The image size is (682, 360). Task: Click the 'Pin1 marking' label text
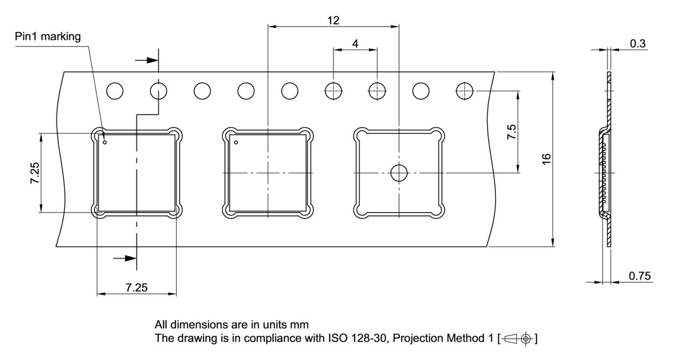(x=48, y=37)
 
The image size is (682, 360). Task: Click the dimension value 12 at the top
(x=334, y=20)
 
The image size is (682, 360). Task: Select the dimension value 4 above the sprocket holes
(x=355, y=43)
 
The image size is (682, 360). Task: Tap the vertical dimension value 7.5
(x=511, y=131)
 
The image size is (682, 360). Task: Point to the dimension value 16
(x=546, y=159)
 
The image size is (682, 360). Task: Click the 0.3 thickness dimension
(x=638, y=44)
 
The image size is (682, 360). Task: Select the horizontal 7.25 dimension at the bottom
(x=136, y=288)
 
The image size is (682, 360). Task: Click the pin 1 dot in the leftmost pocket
(x=105, y=142)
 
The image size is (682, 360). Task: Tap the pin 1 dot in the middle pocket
(x=236, y=142)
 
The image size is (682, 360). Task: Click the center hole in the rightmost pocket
(x=399, y=173)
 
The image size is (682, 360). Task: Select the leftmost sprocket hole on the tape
(x=115, y=91)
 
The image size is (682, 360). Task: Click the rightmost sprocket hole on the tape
(x=465, y=91)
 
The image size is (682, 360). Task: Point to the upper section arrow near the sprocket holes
(x=146, y=60)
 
